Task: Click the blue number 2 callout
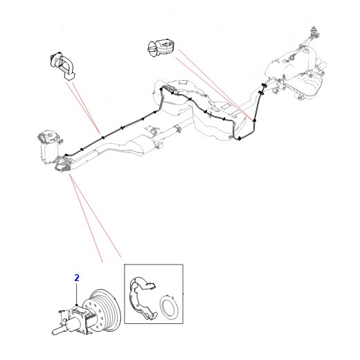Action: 77,278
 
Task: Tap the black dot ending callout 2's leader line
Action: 77,305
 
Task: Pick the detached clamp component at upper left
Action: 63,65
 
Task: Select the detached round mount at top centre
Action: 161,48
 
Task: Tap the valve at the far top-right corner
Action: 314,32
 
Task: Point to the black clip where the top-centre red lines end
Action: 255,120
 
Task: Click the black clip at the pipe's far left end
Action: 66,154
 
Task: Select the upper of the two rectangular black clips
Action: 264,85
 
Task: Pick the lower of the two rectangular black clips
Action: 261,93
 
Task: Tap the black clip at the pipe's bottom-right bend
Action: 240,138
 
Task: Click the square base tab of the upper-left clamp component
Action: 70,76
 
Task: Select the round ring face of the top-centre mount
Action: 152,48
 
